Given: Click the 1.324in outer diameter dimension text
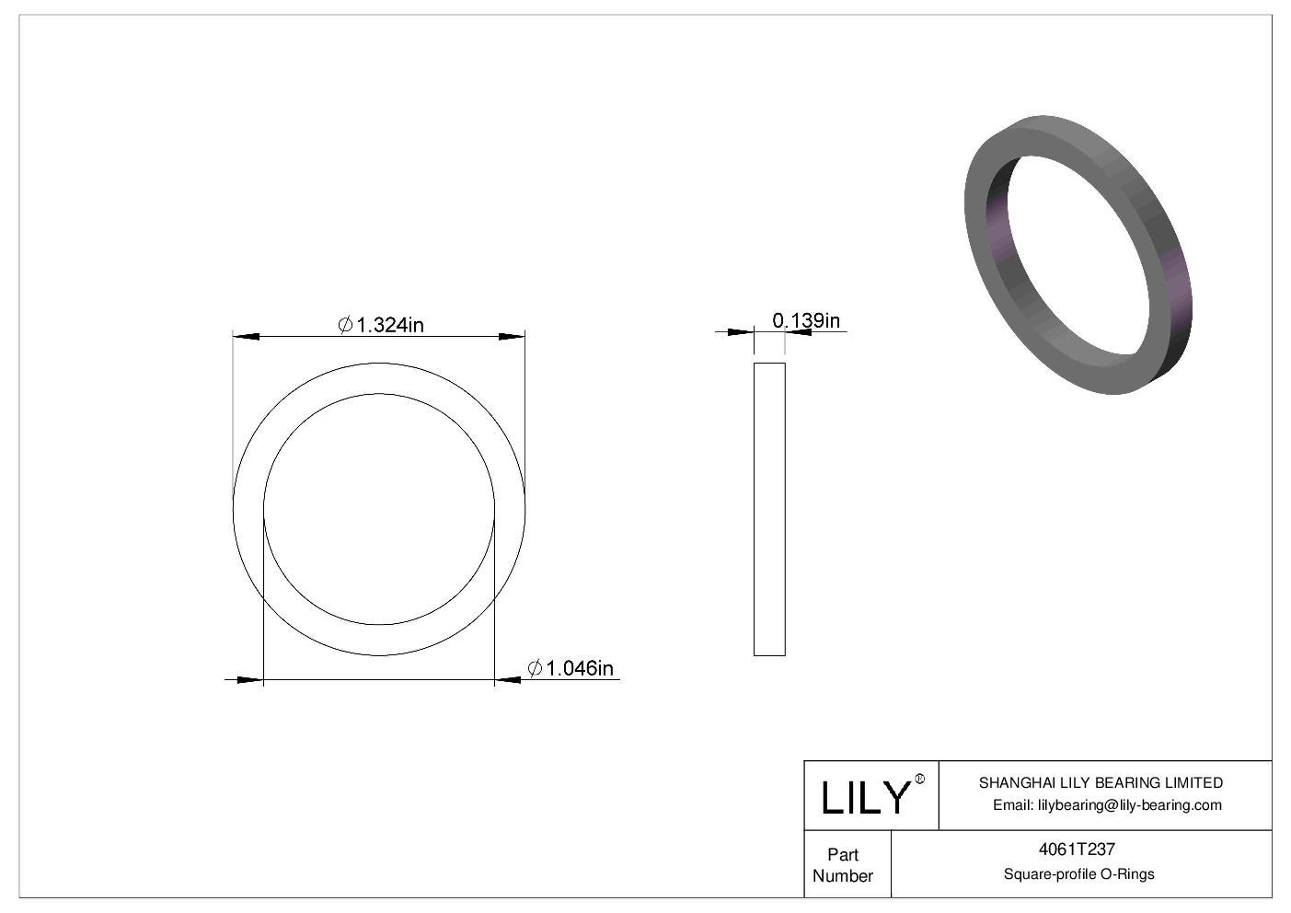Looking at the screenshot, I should pyautogui.click(x=390, y=325).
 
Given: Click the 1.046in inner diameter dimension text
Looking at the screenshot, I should pyautogui.click(x=580, y=668).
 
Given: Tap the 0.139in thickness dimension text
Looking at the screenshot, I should pyautogui.click(x=806, y=320).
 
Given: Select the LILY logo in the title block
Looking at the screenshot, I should pyautogui.click(x=865, y=797).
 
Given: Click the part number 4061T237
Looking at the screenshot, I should pyautogui.click(x=1078, y=850).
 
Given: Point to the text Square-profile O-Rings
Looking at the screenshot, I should pyautogui.click(x=1078, y=874).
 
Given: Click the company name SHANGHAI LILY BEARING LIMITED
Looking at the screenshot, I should pyautogui.click(x=1101, y=783).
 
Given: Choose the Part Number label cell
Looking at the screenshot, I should pyautogui.click(x=843, y=865).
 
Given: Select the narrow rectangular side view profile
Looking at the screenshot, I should pyautogui.click(x=769, y=509).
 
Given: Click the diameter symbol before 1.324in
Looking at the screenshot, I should pyautogui.click(x=346, y=325).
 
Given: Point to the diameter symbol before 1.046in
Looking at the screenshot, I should pyautogui.click(x=536, y=669).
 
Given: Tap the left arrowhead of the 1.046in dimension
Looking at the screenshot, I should pyautogui.click(x=250, y=680).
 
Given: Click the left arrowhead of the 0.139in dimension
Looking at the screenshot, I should pyautogui.click(x=741, y=331).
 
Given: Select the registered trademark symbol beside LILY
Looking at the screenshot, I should pyautogui.click(x=920, y=780).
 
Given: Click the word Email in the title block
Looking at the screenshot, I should pyautogui.click(x=1013, y=805).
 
